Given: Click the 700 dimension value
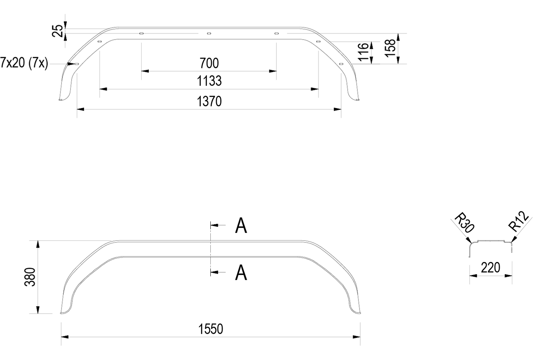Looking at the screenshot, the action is [x=209, y=63].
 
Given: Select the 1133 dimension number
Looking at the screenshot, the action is [x=209, y=81].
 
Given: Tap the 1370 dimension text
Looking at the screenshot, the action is [x=209, y=102].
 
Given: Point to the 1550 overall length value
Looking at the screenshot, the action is [x=210, y=329].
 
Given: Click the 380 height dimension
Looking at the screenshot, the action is [x=30, y=276].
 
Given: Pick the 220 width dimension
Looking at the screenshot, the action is [x=490, y=268].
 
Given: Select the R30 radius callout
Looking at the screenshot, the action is [x=464, y=222].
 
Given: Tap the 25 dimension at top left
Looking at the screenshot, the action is [x=58, y=31].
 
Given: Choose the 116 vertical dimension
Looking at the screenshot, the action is [x=363, y=52].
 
